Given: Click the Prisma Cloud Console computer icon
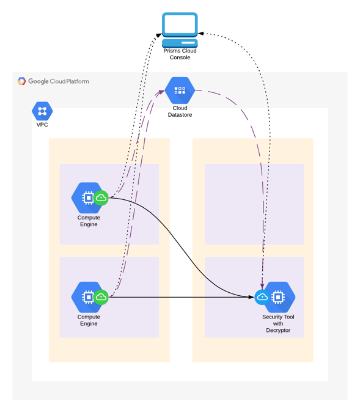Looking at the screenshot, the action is click(x=180, y=30).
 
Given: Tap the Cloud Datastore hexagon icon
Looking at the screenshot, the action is click(x=180, y=90).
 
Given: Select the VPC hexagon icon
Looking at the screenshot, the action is click(x=42, y=111).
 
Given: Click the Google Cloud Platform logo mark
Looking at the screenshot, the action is click(x=21, y=81).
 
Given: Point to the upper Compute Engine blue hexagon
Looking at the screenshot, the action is click(x=86, y=198).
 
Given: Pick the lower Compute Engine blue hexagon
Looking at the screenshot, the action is click(x=86, y=297).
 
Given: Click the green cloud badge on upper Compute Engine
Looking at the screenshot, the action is click(x=101, y=198).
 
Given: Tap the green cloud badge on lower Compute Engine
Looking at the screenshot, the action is click(x=101, y=297).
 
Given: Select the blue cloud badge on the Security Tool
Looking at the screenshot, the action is click(x=262, y=297).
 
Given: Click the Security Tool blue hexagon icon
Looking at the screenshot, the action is click(x=280, y=297).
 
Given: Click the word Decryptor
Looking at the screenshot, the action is click(x=278, y=330).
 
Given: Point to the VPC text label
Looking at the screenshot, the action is click(x=42, y=125).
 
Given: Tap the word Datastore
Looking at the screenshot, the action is click(x=180, y=115).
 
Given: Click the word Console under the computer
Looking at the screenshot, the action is click(x=180, y=57).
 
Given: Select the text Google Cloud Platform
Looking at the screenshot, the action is click(x=59, y=81).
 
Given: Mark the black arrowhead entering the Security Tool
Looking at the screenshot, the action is click(x=251, y=297).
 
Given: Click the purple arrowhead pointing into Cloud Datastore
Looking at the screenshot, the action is click(x=161, y=92).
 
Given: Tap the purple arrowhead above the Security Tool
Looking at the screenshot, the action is click(x=262, y=286).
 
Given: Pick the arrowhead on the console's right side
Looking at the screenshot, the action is click(x=201, y=34).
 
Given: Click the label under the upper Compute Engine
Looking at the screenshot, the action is click(x=89, y=221).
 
